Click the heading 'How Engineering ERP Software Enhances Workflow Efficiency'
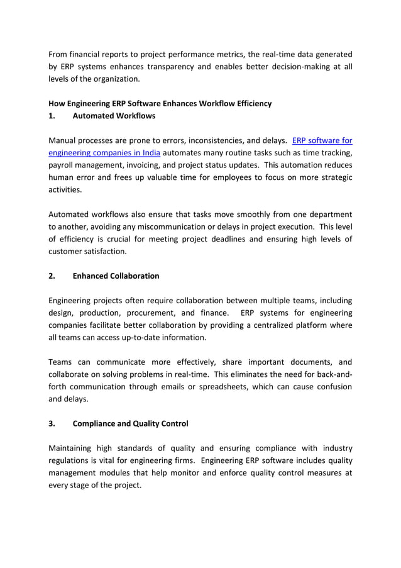pyautogui.click(x=160, y=103)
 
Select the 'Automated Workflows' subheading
pyautogui.click(x=114, y=116)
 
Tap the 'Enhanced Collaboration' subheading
pyautogui.click(x=116, y=276)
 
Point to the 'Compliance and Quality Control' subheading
pyautogui.click(x=130, y=423)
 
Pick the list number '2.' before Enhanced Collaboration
pyautogui.click(x=52, y=276)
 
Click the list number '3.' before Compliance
pyautogui.click(x=52, y=423)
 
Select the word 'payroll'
pyautogui.click(x=62, y=165)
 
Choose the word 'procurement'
pyautogui.click(x=150, y=313)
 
